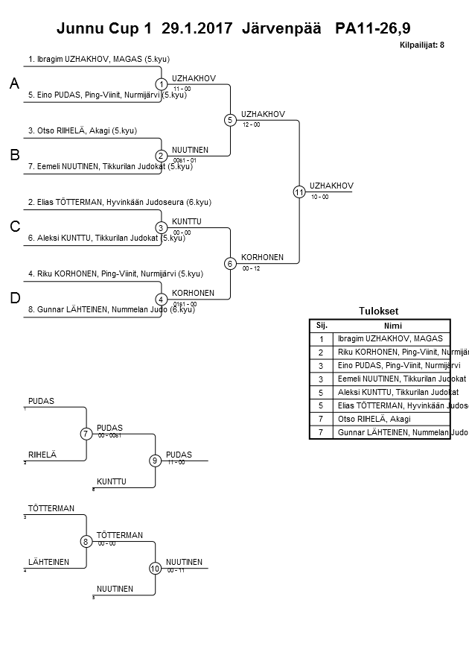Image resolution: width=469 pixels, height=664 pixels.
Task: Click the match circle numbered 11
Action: (x=299, y=192)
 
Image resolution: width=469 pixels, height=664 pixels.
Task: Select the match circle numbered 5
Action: (x=230, y=120)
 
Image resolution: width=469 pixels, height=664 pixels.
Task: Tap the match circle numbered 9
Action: (x=155, y=461)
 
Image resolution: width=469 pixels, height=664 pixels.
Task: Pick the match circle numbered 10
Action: (x=155, y=568)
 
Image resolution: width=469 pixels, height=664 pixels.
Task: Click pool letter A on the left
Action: (x=14, y=85)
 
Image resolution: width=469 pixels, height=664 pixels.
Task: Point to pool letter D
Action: (x=14, y=298)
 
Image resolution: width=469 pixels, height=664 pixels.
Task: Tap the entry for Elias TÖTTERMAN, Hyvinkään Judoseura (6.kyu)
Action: (x=119, y=202)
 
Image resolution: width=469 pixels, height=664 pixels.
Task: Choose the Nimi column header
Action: (x=392, y=326)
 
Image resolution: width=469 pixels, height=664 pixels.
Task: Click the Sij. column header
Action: (x=322, y=326)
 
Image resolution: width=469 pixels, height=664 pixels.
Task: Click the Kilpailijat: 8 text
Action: (x=422, y=45)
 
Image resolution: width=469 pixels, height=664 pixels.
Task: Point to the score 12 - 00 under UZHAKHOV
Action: (x=251, y=124)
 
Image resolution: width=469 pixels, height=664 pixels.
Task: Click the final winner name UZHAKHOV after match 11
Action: (x=331, y=186)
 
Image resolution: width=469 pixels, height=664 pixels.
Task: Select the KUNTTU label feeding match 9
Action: (x=111, y=481)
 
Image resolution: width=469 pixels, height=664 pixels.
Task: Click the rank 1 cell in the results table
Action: (x=322, y=338)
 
